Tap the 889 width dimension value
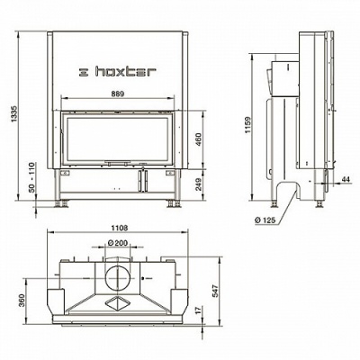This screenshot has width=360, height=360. pyautogui.click(x=118, y=94)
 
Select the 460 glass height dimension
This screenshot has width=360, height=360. pyautogui.click(x=198, y=139)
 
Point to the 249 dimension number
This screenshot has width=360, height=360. pyautogui.click(x=198, y=184)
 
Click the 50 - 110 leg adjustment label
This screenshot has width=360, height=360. pyautogui.click(x=32, y=177)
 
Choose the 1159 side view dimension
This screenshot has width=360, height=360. pyautogui.click(x=247, y=125)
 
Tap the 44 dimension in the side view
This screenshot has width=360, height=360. pyautogui.click(x=346, y=179)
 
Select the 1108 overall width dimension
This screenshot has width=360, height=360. pyautogui.click(x=121, y=228)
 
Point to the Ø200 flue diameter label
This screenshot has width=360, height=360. pyautogui.click(x=117, y=242)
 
